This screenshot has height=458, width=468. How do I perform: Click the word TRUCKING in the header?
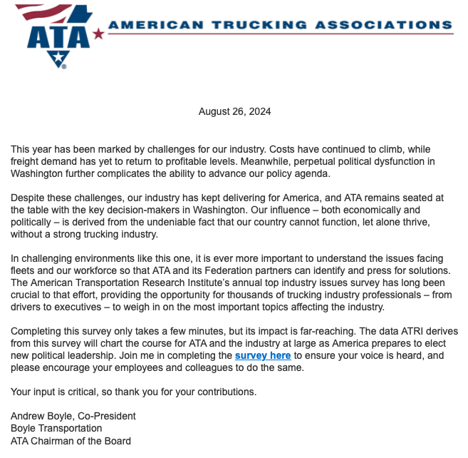click(257, 25)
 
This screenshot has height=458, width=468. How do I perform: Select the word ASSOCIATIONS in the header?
click(384, 25)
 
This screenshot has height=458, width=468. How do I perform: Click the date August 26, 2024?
click(234, 111)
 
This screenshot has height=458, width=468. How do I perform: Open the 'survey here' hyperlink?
click(263, 355)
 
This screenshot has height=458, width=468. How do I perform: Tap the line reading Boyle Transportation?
click(56, 428)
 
